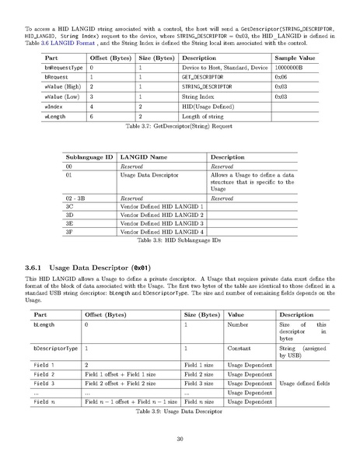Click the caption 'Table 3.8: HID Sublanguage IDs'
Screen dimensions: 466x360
tap(180, 241)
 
